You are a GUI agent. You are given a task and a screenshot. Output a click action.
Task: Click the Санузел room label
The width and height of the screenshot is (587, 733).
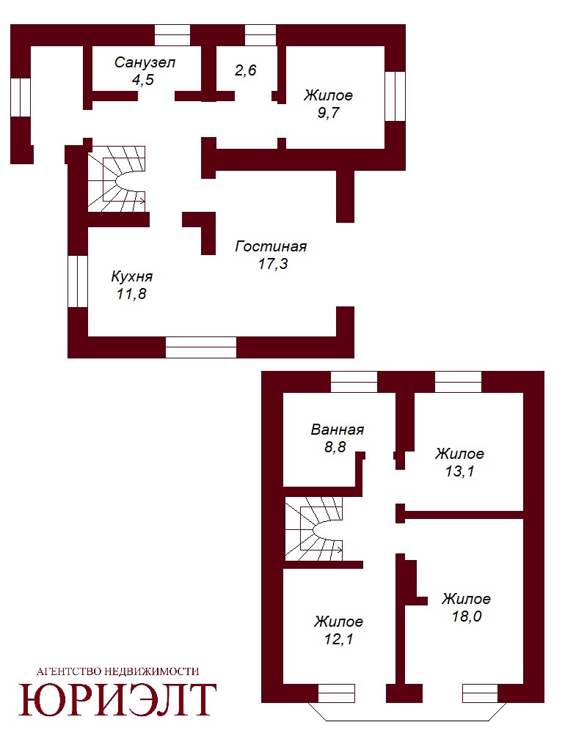[145, 62]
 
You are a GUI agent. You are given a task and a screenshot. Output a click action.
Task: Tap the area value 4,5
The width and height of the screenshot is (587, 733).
[143, 80]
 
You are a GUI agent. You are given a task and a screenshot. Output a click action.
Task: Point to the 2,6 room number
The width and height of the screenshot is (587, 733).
[246, 70]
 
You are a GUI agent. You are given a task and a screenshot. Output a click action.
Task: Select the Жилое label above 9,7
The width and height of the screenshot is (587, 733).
[328, 95]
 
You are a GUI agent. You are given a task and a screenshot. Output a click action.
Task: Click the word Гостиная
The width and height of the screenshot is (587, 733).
[271, 246]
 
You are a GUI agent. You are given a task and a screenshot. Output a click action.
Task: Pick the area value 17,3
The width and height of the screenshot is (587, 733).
[273, 264]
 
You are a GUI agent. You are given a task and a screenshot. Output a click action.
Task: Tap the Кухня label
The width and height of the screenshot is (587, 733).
[132, 277]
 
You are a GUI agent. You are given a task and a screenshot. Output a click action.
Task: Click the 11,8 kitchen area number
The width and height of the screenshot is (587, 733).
[131, 294]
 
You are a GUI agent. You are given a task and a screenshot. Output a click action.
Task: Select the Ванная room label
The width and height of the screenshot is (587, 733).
[337, 430]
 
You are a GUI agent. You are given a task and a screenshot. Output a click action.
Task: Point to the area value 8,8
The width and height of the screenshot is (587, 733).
[335, 447]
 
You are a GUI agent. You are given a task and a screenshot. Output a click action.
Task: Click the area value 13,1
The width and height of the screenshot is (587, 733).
[459, 471]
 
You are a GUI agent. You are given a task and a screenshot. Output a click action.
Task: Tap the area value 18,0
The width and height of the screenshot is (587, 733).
[467, 616]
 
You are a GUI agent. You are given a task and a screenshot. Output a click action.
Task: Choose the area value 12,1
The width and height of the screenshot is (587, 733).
[339, 639]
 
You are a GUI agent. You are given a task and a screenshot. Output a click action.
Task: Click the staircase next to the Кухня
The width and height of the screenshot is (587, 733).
[117, 179]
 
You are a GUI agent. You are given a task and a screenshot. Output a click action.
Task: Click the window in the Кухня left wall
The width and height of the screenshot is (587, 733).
[78, 281]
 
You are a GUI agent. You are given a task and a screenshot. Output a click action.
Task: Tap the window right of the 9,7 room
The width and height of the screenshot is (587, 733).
[395, 96]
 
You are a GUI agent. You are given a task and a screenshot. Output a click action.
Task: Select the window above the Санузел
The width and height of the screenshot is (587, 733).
[172, 35]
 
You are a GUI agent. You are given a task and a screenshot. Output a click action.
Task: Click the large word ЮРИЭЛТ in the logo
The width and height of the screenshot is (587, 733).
[117, 699]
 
